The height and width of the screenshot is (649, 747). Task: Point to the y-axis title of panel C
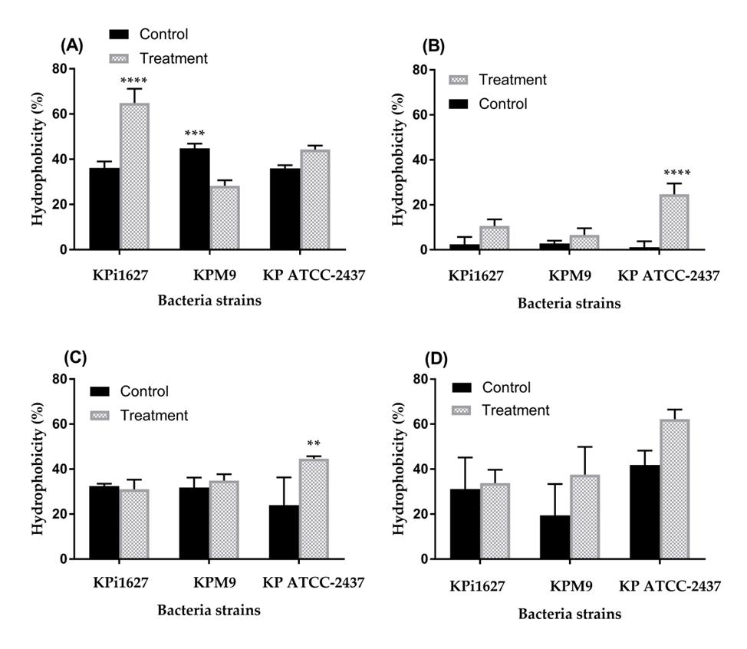pyautogui.click(x=38, y=469)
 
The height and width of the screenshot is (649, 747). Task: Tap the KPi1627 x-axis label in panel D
pyautogui.click(x=478, y=587)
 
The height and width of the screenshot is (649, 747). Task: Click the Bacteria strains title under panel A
pyautogui.click(x=209, y=300)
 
